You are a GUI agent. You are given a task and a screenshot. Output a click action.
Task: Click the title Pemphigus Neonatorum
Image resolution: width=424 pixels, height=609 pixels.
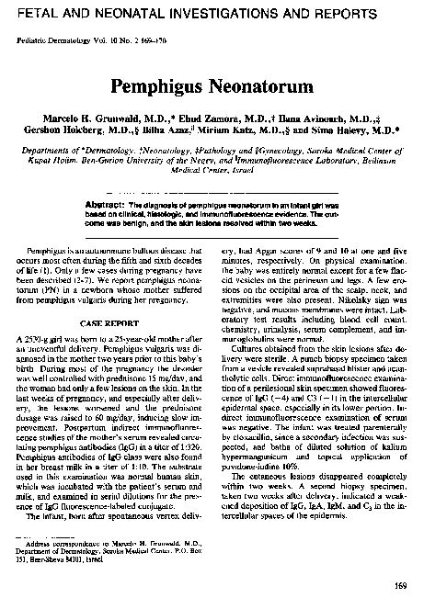click(x=212, y=89)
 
